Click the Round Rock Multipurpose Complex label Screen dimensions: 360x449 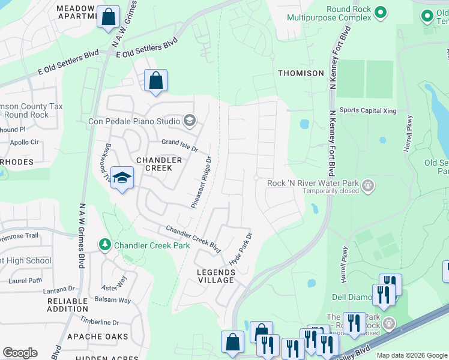[342, 13]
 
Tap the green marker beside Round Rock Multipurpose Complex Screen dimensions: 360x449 [380, 11]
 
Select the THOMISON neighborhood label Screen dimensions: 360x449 [301, 73]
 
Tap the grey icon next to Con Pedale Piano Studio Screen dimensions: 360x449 [190, 122]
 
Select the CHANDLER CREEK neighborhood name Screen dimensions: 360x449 [159, 164]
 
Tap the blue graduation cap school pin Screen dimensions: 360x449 [122, 178]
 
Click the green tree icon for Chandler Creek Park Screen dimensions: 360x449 [106, 245]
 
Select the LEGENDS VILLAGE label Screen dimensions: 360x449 [216, 276]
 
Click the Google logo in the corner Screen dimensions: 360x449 [20, 353]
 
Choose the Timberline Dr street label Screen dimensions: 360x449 [100, 322]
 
